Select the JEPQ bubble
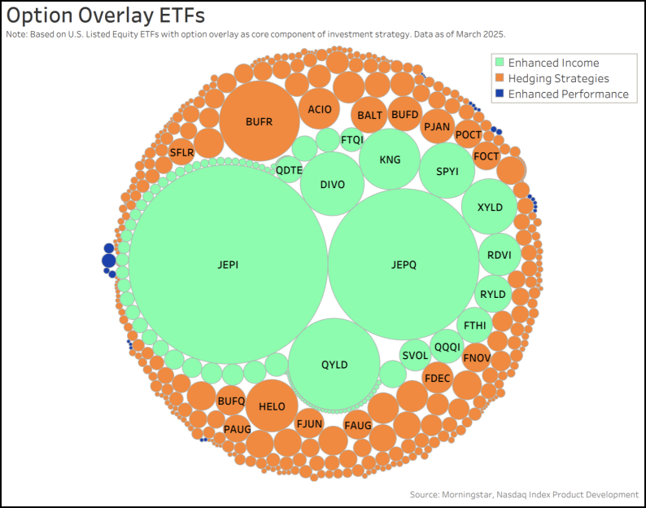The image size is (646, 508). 404,264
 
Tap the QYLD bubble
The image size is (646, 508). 334,364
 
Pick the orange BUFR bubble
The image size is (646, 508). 259,122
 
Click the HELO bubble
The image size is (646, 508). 272,405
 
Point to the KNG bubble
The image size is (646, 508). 390,160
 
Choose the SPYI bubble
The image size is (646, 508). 447,171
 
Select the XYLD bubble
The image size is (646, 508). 489,207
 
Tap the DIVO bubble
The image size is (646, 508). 332,184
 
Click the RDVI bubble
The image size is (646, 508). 499,255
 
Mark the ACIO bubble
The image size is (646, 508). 319,109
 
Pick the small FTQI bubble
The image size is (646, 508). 352,139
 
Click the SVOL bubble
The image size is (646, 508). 415,355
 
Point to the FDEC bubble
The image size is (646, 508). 438,378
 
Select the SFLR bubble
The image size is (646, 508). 182,151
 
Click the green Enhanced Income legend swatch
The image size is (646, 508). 499,63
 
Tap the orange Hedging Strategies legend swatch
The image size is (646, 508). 499,78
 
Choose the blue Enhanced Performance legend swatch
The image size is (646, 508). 499,94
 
